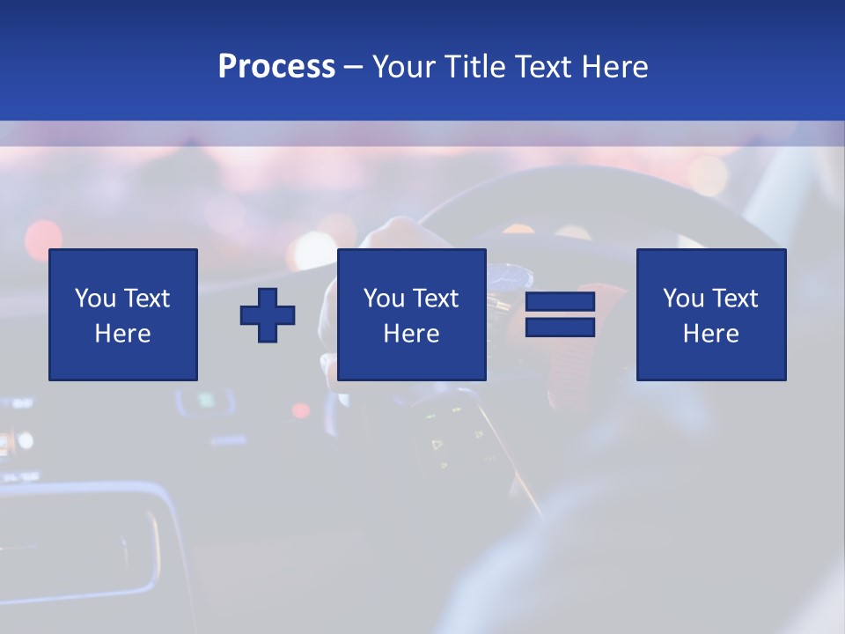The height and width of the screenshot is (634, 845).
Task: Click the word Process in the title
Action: [x=276, y=66]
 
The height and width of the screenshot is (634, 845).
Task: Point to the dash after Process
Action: [x=354, y=67]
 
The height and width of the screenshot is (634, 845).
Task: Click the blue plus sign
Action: [x=268, y=314]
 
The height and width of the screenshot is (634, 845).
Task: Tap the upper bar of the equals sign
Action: [x=560, y=302]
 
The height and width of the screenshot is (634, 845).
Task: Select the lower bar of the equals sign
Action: [x=560, y=327]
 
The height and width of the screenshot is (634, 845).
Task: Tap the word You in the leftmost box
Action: [x=95, y=299]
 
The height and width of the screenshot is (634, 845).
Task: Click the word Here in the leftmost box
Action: [x=123, y=334]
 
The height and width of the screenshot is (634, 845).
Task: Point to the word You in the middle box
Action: [x=384, y=299]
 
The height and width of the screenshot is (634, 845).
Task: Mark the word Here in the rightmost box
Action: [x=711, y=334]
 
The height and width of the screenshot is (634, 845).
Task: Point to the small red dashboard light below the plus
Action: [x=300, y=410]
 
